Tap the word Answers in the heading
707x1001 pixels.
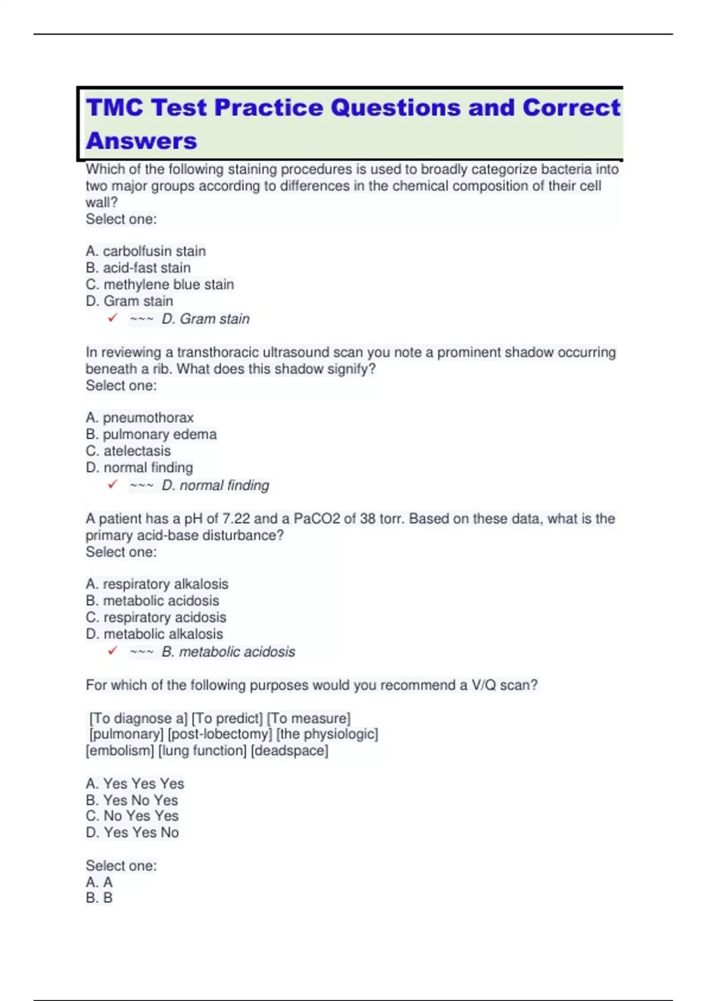[141, 141]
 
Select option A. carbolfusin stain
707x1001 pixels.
[146, 251]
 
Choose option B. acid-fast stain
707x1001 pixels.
[138, 268]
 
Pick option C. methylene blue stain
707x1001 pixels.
[160, 284]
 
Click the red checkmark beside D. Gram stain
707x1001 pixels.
[113, 318]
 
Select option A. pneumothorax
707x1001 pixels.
[140, 417]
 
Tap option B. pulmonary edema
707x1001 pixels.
[151, 435]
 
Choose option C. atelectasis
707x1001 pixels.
[128, 451]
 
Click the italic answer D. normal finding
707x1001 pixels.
[215, 485]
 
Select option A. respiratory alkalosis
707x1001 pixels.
[157, 584]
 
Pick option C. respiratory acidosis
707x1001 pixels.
[156, 617]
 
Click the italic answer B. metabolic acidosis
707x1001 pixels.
[228, 652]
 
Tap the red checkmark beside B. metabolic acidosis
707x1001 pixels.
[113, 651]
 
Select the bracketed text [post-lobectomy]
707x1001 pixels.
[220, 734]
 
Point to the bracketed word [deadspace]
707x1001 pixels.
[289, 751]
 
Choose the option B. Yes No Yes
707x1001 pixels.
[131, 800]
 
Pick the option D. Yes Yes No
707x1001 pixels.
[132, 833]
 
